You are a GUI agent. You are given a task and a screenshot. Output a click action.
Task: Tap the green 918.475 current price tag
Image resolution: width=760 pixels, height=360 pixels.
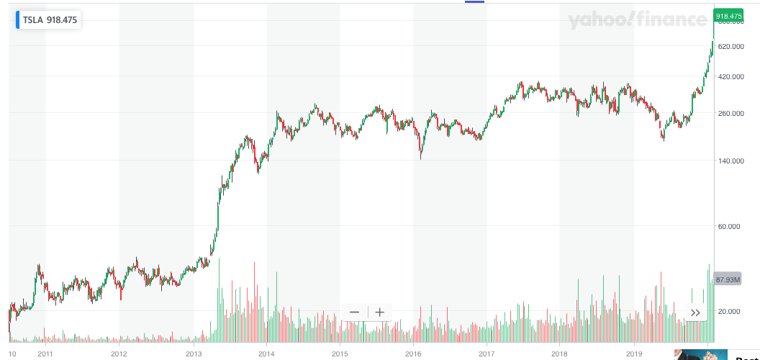click(728, 16)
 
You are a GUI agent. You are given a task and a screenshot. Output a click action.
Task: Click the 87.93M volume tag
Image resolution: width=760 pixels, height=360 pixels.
click(728, 279)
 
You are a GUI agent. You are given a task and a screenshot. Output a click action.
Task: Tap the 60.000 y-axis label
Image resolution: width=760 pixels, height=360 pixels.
click(730, 227)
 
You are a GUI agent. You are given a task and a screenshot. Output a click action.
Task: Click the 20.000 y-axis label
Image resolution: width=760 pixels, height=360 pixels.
click(730, 311)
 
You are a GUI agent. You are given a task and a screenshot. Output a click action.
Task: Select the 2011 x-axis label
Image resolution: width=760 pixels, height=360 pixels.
click(45, 354)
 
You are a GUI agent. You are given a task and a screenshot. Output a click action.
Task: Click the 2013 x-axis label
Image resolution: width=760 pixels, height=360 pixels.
click(194, 354)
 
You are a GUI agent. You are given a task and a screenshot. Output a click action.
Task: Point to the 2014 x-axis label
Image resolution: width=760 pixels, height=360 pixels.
click(267, 354)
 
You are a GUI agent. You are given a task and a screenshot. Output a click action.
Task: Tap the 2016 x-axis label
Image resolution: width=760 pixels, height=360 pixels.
click(414, 354)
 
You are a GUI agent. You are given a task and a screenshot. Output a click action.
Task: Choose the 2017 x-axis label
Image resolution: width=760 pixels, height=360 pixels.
click(487, 354)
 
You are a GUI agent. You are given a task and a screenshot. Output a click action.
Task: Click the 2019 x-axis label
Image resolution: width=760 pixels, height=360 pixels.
click(634, 354)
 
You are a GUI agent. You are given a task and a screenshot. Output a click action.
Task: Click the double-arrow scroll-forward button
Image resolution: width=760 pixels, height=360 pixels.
click(695, 312)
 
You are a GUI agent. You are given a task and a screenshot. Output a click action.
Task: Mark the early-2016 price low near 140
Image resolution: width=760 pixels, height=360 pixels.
click(421, 157)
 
